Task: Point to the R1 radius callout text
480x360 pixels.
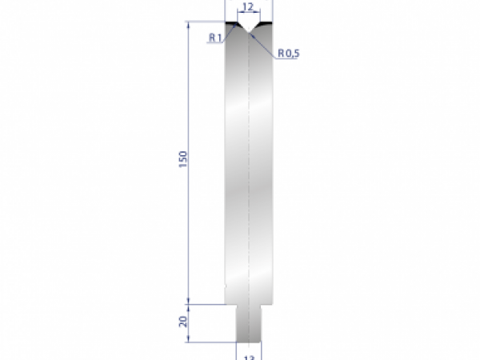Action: pos(214,38)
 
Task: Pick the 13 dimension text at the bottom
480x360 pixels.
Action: pos(248,357)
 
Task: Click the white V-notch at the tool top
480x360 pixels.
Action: pos(249,26)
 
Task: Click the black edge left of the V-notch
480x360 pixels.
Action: pos(234,24)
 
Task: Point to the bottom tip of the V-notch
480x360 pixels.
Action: pos(249,33)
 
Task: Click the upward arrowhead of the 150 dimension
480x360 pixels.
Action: pos(189,25)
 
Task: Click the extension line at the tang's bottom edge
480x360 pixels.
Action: pos(212,342)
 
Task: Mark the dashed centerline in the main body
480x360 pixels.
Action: pos(249,160)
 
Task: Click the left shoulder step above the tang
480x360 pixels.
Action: pos(230,304)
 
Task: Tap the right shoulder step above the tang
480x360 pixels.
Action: pos(267,304)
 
